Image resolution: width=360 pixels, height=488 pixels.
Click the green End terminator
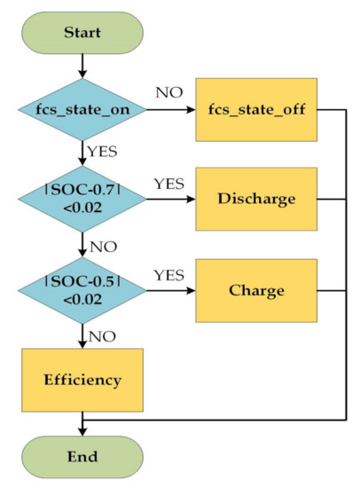click(x=82, y=459)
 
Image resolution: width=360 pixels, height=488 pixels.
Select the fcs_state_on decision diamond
click(x=82, y=112)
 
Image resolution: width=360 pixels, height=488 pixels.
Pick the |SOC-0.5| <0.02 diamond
click(x=82, y=290)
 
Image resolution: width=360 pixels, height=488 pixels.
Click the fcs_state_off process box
click(x=255, y=112)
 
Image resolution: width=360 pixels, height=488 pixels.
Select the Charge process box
click(x=255, y=290)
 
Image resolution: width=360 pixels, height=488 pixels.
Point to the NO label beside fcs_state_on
click(x=171, y=91)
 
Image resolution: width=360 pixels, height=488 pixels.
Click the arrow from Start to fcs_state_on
click(x=82, y=64)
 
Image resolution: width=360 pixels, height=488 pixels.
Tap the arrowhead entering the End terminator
click(x=82, y=429)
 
